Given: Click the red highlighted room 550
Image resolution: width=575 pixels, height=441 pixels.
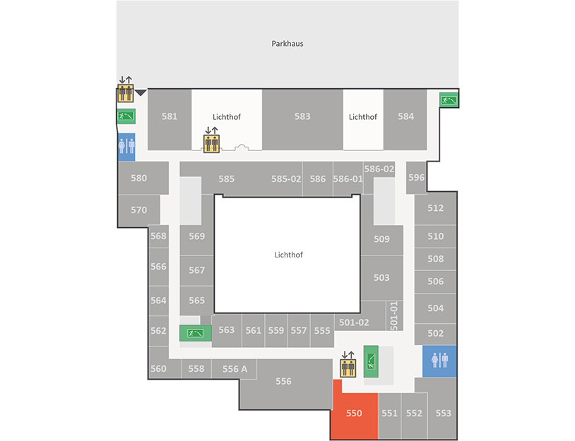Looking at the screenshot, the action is click(x=354, y=414).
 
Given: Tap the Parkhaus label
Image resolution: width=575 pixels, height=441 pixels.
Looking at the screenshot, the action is click(x=287, y=44).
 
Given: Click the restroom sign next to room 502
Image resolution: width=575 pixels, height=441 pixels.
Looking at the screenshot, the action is click(x=439, y=361).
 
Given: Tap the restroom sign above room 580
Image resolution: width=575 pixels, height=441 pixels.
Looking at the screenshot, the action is click(x=126, y=147).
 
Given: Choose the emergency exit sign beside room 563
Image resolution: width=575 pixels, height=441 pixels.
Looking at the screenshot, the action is click(x=196, y=333).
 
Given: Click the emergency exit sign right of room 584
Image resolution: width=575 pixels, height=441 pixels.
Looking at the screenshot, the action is click(x=449, y=99).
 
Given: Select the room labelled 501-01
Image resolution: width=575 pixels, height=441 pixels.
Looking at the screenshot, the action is click(x=394, y=315).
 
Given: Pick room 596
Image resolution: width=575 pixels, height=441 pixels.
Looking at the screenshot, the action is click(x=416, y=178).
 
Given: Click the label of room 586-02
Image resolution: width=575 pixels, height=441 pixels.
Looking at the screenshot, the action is click(x=379, y=169).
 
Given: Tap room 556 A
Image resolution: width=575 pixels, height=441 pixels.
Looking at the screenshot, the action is click(x=235, y=369).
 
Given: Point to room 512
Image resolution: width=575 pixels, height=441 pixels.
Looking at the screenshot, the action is click(x=435, y=208).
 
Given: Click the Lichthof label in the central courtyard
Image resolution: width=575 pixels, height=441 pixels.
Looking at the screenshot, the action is click(x=289, y=255).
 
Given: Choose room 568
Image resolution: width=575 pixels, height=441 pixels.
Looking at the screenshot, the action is click(x=158, y=236).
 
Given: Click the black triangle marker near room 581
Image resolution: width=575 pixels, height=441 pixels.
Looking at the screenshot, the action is click(x=141, y=92).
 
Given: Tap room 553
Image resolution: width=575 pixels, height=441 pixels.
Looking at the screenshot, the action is click(x=443, y=413).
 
